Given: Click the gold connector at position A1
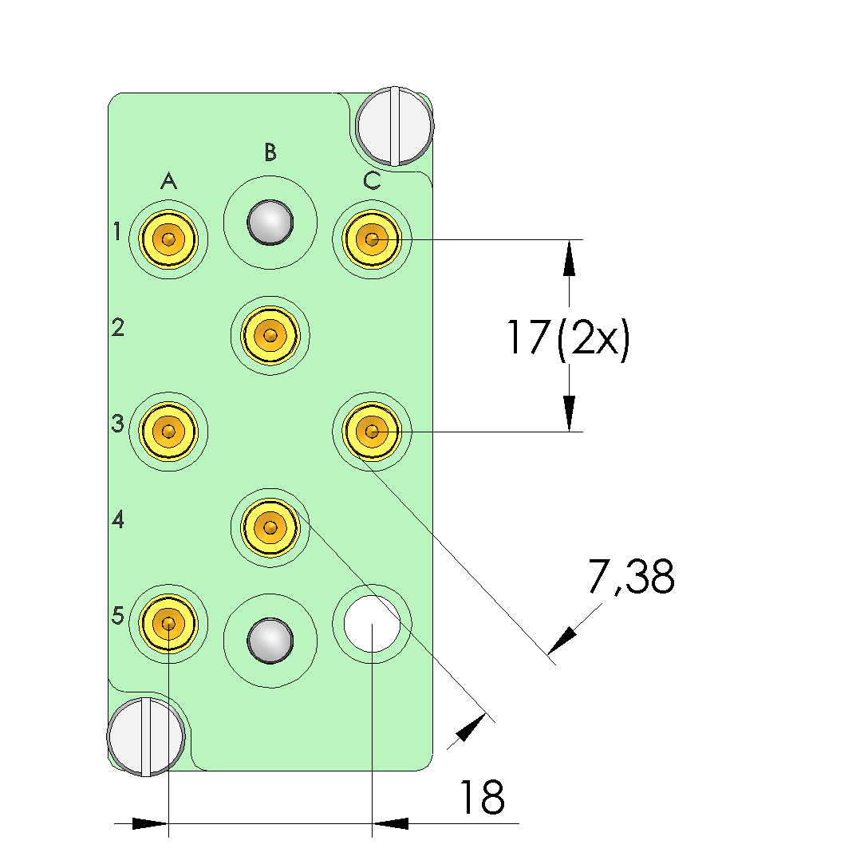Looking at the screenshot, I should click(x=168, y=239).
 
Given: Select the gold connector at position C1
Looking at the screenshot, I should click(x=372, y=239).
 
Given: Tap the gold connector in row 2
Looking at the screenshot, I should click(x=270, y=334).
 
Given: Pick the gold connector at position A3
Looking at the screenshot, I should click(x=168, y=432).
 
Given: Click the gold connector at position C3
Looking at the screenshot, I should click(x=372, y=432).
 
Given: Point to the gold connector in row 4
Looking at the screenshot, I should click(x=270, y=527).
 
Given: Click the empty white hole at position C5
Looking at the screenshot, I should click(x=372, y=623).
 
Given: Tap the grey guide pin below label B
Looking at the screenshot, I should click(x=270, y=222).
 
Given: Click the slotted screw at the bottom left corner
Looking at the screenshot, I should click(x=146, y=736).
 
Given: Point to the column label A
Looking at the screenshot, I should click(x=168, y=182).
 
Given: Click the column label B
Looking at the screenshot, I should click(x=270, y=151).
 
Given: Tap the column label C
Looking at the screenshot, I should click(x=372, y=181).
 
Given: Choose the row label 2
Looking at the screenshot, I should click(x=118, y=327).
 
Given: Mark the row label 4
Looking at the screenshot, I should click(x=118, y=520).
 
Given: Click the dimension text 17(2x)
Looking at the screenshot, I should click(x=568, y=339).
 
